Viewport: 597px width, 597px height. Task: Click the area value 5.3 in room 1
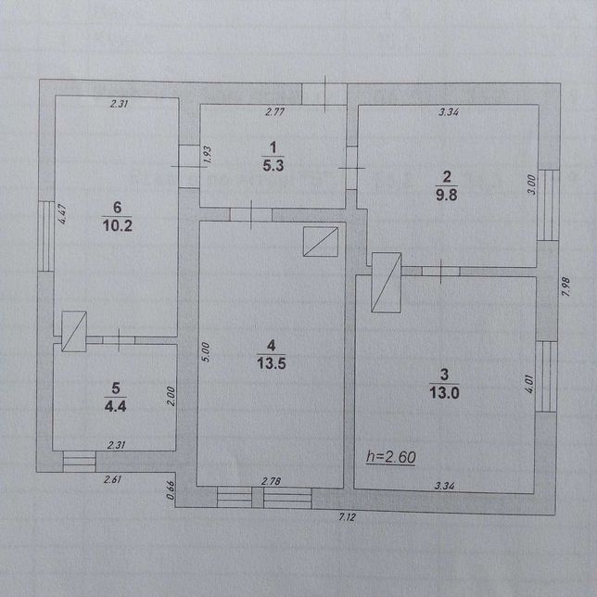pos(273,166)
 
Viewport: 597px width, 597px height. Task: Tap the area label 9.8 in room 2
pos(446,195)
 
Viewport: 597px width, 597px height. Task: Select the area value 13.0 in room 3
pos(444,392)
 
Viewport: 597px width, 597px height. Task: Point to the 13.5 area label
pos(271,363)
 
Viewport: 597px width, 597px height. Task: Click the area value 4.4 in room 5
pos(115,406)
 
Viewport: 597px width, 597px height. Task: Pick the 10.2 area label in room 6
pos(117,226)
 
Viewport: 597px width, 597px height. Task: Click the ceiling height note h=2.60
pos(391,457)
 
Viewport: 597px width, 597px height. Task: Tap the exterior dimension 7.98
pos(565,287)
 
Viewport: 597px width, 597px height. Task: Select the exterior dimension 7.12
pos(347,517)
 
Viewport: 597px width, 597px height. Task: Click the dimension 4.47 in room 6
pos(62,214)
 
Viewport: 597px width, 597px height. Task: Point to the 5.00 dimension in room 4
pos(205,352)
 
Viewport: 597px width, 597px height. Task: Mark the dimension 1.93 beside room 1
pos(208,155)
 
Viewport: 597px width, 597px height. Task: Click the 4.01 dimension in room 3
pos(529,384)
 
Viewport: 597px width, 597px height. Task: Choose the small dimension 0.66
pos(171,490)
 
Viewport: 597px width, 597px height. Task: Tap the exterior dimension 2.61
pos(113,479)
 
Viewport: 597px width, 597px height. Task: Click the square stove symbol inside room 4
pos(321,242)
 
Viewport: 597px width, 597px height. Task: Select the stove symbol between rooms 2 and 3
pos(386,283)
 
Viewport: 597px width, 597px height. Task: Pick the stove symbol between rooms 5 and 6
pos(74,331)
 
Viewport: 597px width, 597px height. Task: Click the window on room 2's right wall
pos(548,205)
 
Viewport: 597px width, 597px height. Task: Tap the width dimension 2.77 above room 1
pos(275,112)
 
